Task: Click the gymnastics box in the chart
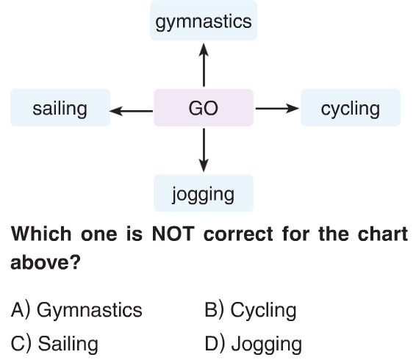click(x=204, y=21)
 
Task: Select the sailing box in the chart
click(x=60, y=108)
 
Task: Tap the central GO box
click(x=204, y=108)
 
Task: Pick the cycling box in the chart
click(x=351, y=108)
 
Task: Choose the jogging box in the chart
click(x=204, y=193)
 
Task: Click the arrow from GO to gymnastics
click(x=204, y=65)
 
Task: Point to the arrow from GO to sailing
click(x=131, y=111)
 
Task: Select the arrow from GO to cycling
click(x=277, y=108)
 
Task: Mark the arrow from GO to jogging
click(x=204, y=150)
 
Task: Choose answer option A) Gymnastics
click(x=76, y=310)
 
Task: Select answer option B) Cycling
click(x=251, y=310)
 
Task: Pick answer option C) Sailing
click(x=54, y=344)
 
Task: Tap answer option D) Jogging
click(x=254, y=344)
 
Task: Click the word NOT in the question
click(x=173, y=234)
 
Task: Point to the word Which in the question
click(x=41, y=234)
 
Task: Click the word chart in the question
click(x=383, y=234)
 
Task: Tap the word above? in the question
click(x=46, y=262)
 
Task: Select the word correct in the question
click(x=238, y=234)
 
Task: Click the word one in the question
click(x=99, y=234)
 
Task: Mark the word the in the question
click(x=334, y=234)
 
